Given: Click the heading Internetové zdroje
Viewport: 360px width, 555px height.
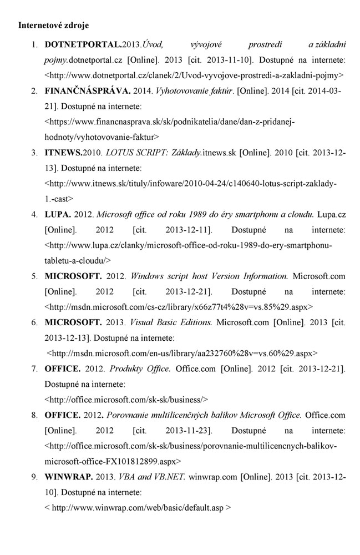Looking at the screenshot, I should coord(53,26).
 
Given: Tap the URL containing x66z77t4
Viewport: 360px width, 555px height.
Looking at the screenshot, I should coord(179,306).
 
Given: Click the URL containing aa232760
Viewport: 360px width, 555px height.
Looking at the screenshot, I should coord(183,352).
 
